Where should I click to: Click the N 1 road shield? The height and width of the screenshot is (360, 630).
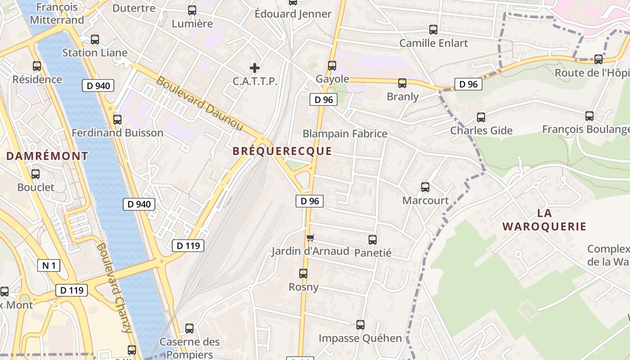tap(49, 265)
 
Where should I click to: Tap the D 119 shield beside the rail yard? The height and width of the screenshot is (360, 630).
tap(188, 245)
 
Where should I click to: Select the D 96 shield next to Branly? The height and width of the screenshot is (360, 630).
tap(468, 84)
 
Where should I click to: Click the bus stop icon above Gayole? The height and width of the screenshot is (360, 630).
tap(332, 66)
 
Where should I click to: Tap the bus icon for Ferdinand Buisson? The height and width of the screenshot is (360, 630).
tap(117, 120)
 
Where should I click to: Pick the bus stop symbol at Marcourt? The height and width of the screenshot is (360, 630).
tap(425, 187)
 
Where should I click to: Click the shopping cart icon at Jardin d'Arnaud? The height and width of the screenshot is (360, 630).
tap(310, 238)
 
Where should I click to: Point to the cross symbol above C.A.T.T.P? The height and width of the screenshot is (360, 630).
tap(255, 68)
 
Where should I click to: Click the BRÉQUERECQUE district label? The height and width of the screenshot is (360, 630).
tap(282, 151)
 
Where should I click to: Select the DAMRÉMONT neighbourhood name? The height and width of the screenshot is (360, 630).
tap(47, 156)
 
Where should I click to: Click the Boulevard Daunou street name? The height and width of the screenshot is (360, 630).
tap(200, 104)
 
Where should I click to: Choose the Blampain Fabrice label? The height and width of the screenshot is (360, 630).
tap(345, 134)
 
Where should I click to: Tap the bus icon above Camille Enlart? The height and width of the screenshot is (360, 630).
tap(433, 30)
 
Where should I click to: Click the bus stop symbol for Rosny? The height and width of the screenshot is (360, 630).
tap(303, 273)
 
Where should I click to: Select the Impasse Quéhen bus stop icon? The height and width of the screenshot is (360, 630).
tap(360, 324)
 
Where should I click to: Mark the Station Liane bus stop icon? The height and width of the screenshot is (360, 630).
tap(95, 40)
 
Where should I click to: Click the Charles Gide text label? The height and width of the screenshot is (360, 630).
tap(481, 130)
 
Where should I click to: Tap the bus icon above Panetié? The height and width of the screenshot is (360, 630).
tap(373, 240)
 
